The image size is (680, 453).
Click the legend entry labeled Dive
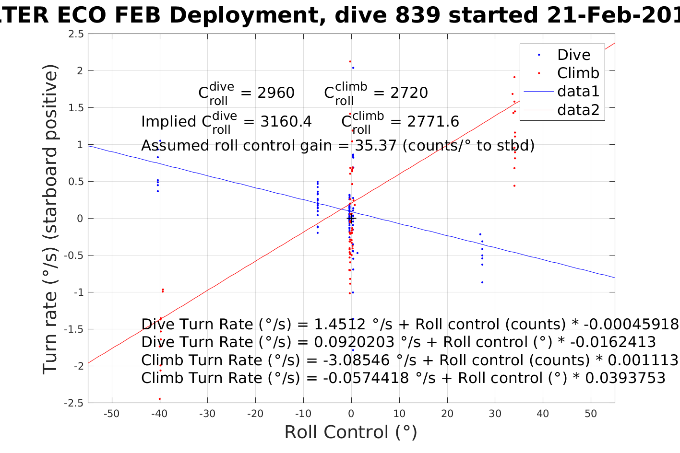pyautogui.click(x=573, y=55)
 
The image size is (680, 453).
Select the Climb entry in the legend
pyautogui.click(x=578, y=73)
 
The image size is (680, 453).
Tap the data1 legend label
pyautogui.click(x=578, y=92)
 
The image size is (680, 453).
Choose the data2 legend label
pyautogui.click(x=578, y=110)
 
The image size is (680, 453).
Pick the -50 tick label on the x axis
pyautogui.click(x=111, y=414)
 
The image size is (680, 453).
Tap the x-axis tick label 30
pyautogui.click(x=495, y=414)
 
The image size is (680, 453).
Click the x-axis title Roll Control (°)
pyautogui.click(x=351, y=432)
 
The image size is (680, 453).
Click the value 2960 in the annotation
pyautogui.click(x=276, y=93)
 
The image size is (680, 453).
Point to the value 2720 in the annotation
pyautogui.click(x=409, y=93)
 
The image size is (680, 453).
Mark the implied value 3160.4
pyautogui.click(x=286, y=122)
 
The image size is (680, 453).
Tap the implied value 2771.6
pyautogui.click(x=433, y=122)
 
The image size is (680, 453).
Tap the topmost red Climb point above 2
pyautogui.click(x=350, y=61)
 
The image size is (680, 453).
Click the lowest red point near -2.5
pyautogui.click(x=160, y=399)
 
